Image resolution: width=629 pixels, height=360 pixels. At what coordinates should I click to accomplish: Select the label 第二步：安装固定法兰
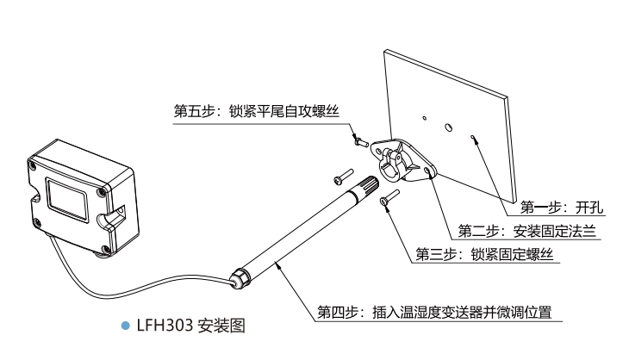(x=526, y=231)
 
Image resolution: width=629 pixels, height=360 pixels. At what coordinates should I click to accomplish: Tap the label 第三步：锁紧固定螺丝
(x=483, y=254)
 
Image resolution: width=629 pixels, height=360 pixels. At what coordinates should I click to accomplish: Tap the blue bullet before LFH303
(x=127, y=327)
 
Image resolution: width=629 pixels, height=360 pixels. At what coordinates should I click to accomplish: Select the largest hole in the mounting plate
(x=448, y=127)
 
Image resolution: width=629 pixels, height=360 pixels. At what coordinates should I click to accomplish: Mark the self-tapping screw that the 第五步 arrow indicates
(x=356, y=135)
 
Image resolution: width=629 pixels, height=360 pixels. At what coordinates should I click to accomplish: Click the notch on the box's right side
(x=113, y=214)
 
